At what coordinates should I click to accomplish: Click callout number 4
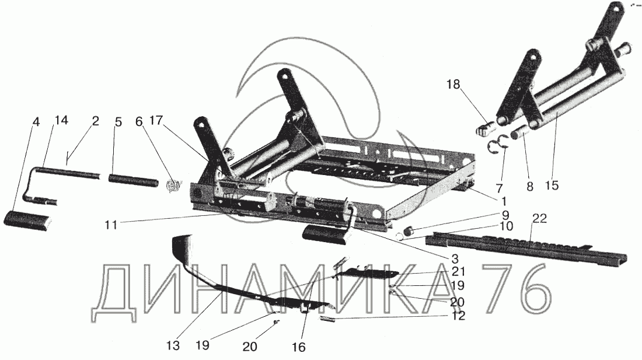point(36,122)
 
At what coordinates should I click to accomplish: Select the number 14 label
point(61,121)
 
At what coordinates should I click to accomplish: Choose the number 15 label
point(552,186)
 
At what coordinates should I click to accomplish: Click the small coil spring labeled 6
point(173,186)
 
